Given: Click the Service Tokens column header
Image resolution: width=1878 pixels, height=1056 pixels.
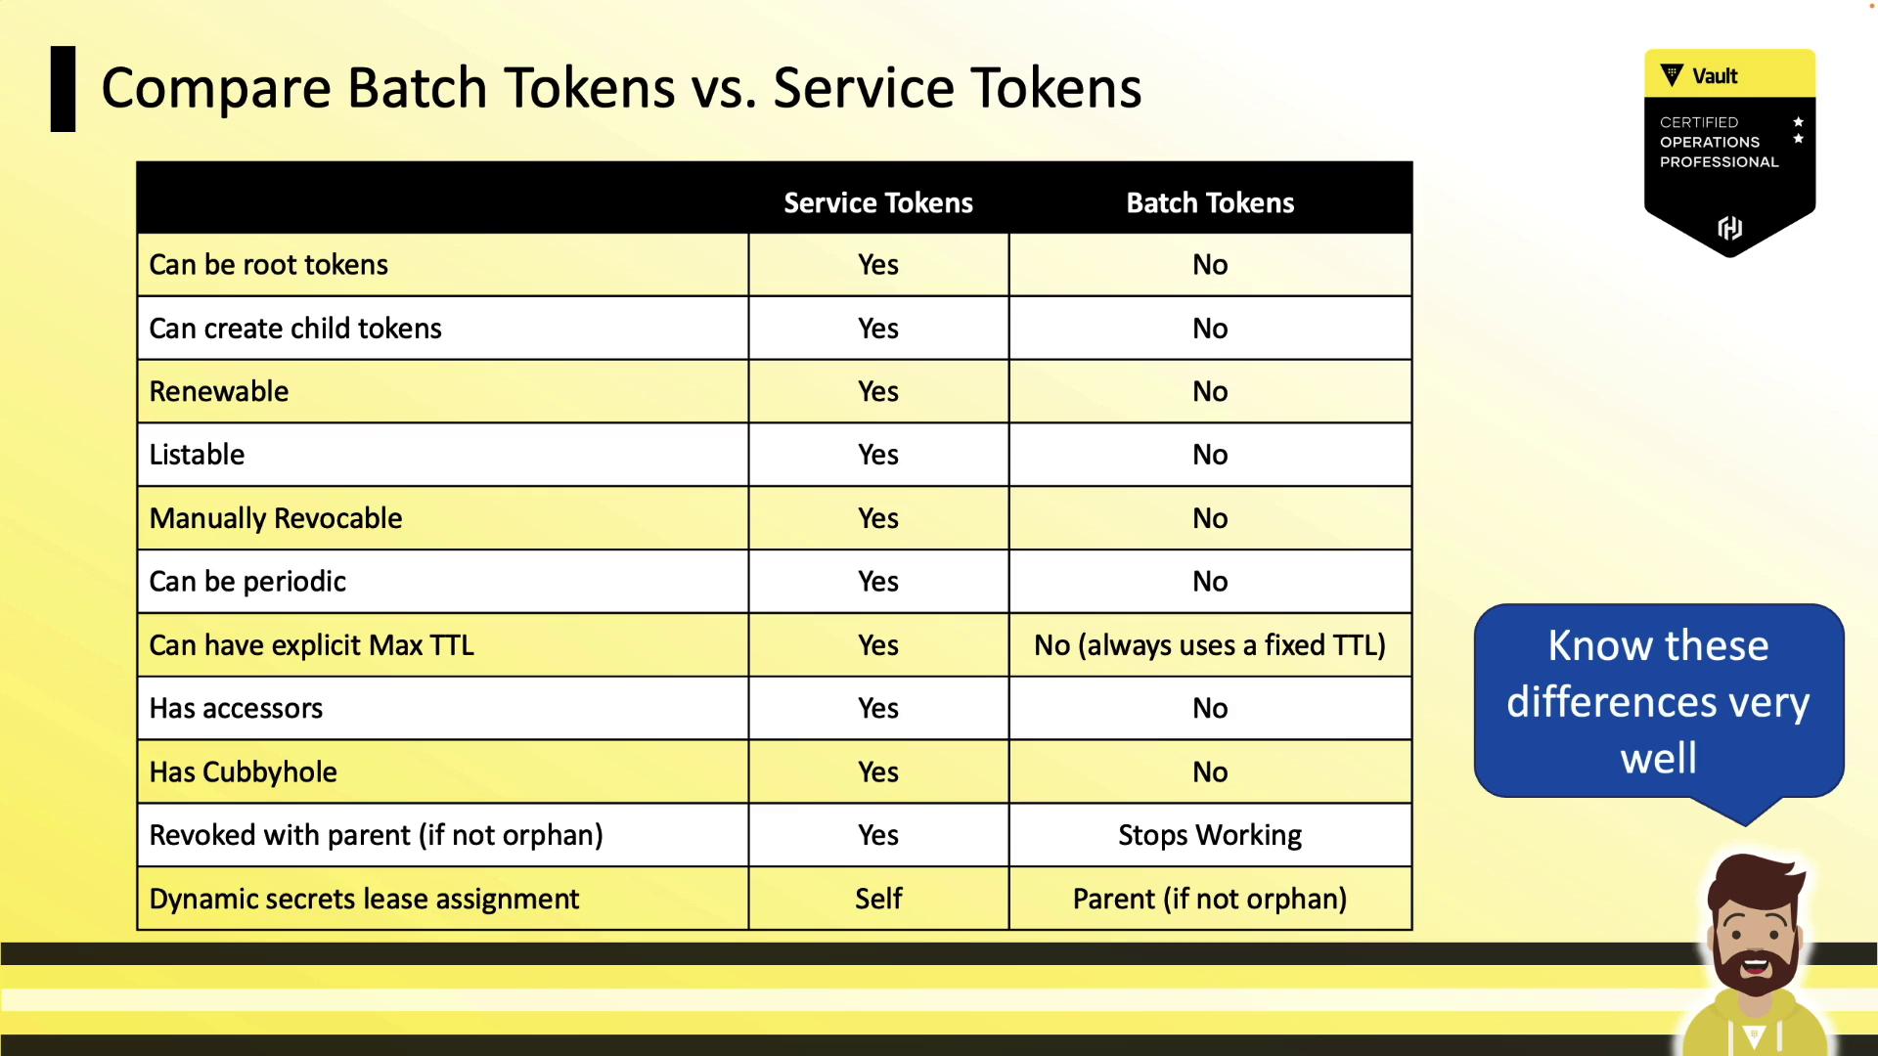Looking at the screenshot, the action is click(x=878, y=202).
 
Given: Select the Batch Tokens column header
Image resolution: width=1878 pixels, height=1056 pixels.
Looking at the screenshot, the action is click(x=1210, y=202).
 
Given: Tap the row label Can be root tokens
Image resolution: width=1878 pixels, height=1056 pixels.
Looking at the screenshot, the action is click(x=269, y=264).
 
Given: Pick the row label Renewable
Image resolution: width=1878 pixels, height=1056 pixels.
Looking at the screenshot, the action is click(x=219, y=391).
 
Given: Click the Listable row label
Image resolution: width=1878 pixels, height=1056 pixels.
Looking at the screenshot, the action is click(x=197, y=455).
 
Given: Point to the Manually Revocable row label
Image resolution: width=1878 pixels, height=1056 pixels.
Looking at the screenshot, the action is click(x=276, y=518).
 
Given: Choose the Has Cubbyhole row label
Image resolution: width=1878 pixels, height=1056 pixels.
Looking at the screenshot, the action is click(x=244, y=771).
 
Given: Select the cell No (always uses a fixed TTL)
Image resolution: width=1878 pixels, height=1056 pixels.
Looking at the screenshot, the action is click(x=1210, y=645).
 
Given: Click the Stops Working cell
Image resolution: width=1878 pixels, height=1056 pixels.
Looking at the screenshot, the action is click(x=1210, y=835).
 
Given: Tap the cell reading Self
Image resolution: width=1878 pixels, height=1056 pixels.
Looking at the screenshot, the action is click(x=878, y=899).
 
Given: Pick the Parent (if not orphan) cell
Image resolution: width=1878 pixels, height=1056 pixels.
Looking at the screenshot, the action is click(x=1210, y=899).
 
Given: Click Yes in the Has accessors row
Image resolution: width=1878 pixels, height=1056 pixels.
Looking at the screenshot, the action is click(x=878, y=708).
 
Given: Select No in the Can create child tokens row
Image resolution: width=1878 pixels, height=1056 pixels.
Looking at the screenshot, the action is click(x=1210, y=329).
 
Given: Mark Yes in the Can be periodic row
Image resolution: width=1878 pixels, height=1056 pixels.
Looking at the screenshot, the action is click(x=878, y=582).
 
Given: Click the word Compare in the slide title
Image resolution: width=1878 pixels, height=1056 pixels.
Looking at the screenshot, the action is click(x=217, y=88).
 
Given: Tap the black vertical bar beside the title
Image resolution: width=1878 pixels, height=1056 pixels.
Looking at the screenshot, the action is click(x=63, y=89).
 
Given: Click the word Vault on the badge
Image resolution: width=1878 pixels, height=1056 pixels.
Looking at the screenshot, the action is click(x=1715, y=76).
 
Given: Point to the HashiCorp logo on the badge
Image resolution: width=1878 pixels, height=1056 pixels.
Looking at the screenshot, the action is click(x=1729, y=228).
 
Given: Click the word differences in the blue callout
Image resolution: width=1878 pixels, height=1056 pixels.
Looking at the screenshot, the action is click(x=1602, y=702).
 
